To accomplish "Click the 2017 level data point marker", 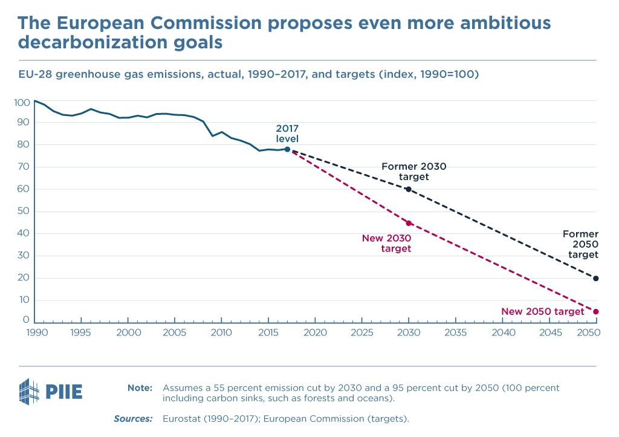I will click(x=287, y=149).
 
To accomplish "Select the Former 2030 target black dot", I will click(x=409, y=189).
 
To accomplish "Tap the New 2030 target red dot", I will click(x=409, y=223).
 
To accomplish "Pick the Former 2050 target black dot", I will click(x=596, y=279).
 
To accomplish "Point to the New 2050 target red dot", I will click(x=596, y=312).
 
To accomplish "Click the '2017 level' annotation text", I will click(x=287, y=134).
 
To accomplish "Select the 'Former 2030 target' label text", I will click(x=414, y=172).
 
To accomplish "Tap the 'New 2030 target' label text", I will click(x=387, y=243).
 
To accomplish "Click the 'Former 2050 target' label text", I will click(x=580, y=244).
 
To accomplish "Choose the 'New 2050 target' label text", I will click(x=543, y=312).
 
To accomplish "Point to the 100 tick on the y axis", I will click(x=21, y=103).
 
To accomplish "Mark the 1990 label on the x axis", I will click(x=34, y=333).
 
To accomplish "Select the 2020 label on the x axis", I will click(x=315, y=333).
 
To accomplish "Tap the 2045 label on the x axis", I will click(x=549, y=333).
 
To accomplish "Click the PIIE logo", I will click(x=51, y=391).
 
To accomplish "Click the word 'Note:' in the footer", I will click(x=140, y=387).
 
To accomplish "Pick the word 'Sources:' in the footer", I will click(x=133, y=418).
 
